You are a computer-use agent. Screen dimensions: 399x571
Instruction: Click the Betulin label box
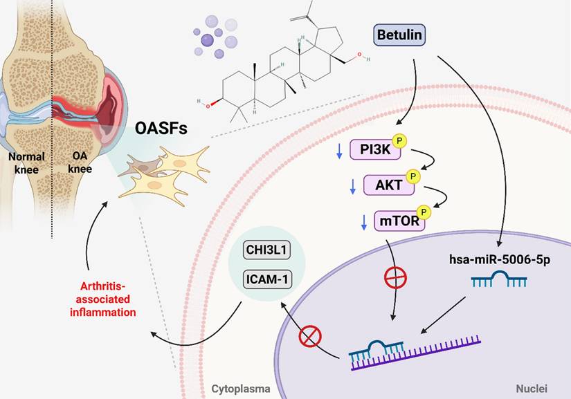[399, 35]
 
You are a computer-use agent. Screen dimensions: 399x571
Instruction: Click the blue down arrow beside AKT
[352, 185]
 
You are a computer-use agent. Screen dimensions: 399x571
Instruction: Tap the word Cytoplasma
[242, 390]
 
